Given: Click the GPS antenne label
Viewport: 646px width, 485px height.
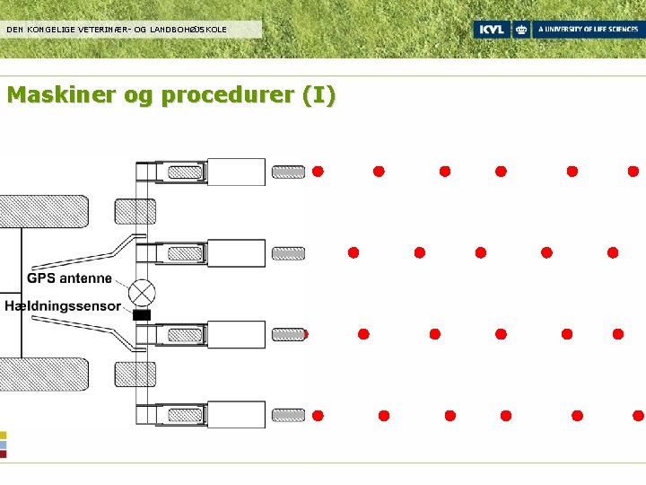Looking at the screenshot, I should pyautogui.click(x=69, y=278).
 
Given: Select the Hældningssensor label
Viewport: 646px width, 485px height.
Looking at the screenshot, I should pyautogui.click(x=62, y=306).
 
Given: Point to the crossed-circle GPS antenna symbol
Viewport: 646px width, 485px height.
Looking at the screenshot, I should pyautogui.click(x=142, y=293).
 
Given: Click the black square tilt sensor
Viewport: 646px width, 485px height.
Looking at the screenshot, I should pyautogui.click(x=142, y=315).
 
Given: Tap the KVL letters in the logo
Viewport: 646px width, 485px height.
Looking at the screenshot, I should pyautogui.click(x=491, y=30).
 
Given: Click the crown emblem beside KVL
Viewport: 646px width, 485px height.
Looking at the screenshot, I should pyautogui.click(x=521, y=30).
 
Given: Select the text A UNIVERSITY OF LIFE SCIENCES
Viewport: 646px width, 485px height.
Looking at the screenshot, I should pyautogui.click(x=588, y=30).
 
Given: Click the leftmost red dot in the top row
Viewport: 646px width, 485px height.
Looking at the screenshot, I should pyautogui.click(x=318, y=172).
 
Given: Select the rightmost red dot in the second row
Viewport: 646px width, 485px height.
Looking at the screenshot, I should pyautogui.click(x=613, y=252).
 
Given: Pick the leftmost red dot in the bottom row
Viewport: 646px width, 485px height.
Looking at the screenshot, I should pyautogui.click(x=318, y=415).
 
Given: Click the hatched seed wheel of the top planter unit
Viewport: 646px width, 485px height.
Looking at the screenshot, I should pyautogui.click(x=288, y=172).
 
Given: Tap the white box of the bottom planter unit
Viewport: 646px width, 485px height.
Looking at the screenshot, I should pyautogui.click(x=236, y=415).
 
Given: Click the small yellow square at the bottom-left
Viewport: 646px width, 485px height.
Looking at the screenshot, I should pyautogui.click(x=4, y=435).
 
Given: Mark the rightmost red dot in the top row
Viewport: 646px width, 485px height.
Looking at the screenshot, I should pyautogui.click(x=633, y=172).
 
